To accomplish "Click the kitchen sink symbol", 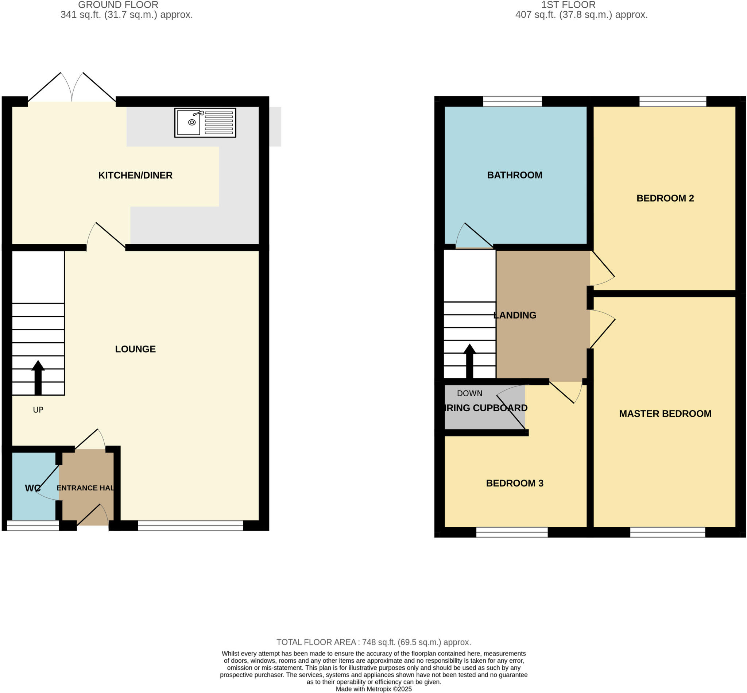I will pyautogui.click(x=205, y=123).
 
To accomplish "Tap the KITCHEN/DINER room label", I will pyautogui.click(x=135, y=175).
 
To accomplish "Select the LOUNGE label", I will pyautogui.click(x=135, y=349).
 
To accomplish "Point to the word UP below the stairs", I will pyautogui.click(x=38, y=410).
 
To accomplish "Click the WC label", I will pyautogui.click(x=32, y=488).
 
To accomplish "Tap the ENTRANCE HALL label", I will pyautogui.click(x=85, y=488).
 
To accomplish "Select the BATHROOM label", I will pyautogui.click(x=514, y=175).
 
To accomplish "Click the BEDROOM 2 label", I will pyautogui.click(x=665, y=198).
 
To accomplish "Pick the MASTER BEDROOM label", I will pyautogui.click(x=665, y=413).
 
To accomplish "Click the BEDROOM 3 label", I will pyautogui.click(x=514, y=483).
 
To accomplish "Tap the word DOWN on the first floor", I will pyautogui.click(x=469, y=393).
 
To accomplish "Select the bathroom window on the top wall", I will pyautogui.click(x=512, y=101).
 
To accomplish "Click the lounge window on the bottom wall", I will pyautogui.click(x=190, y=525).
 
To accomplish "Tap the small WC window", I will pyautogui.click(x=32, y=525).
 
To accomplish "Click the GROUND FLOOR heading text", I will pyautogui.click(x=118, y=5).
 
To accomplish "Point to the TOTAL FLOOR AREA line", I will pyautogui.click(x=373, y=642).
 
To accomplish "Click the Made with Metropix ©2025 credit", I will pyautogui.click(x=373, y=689).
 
